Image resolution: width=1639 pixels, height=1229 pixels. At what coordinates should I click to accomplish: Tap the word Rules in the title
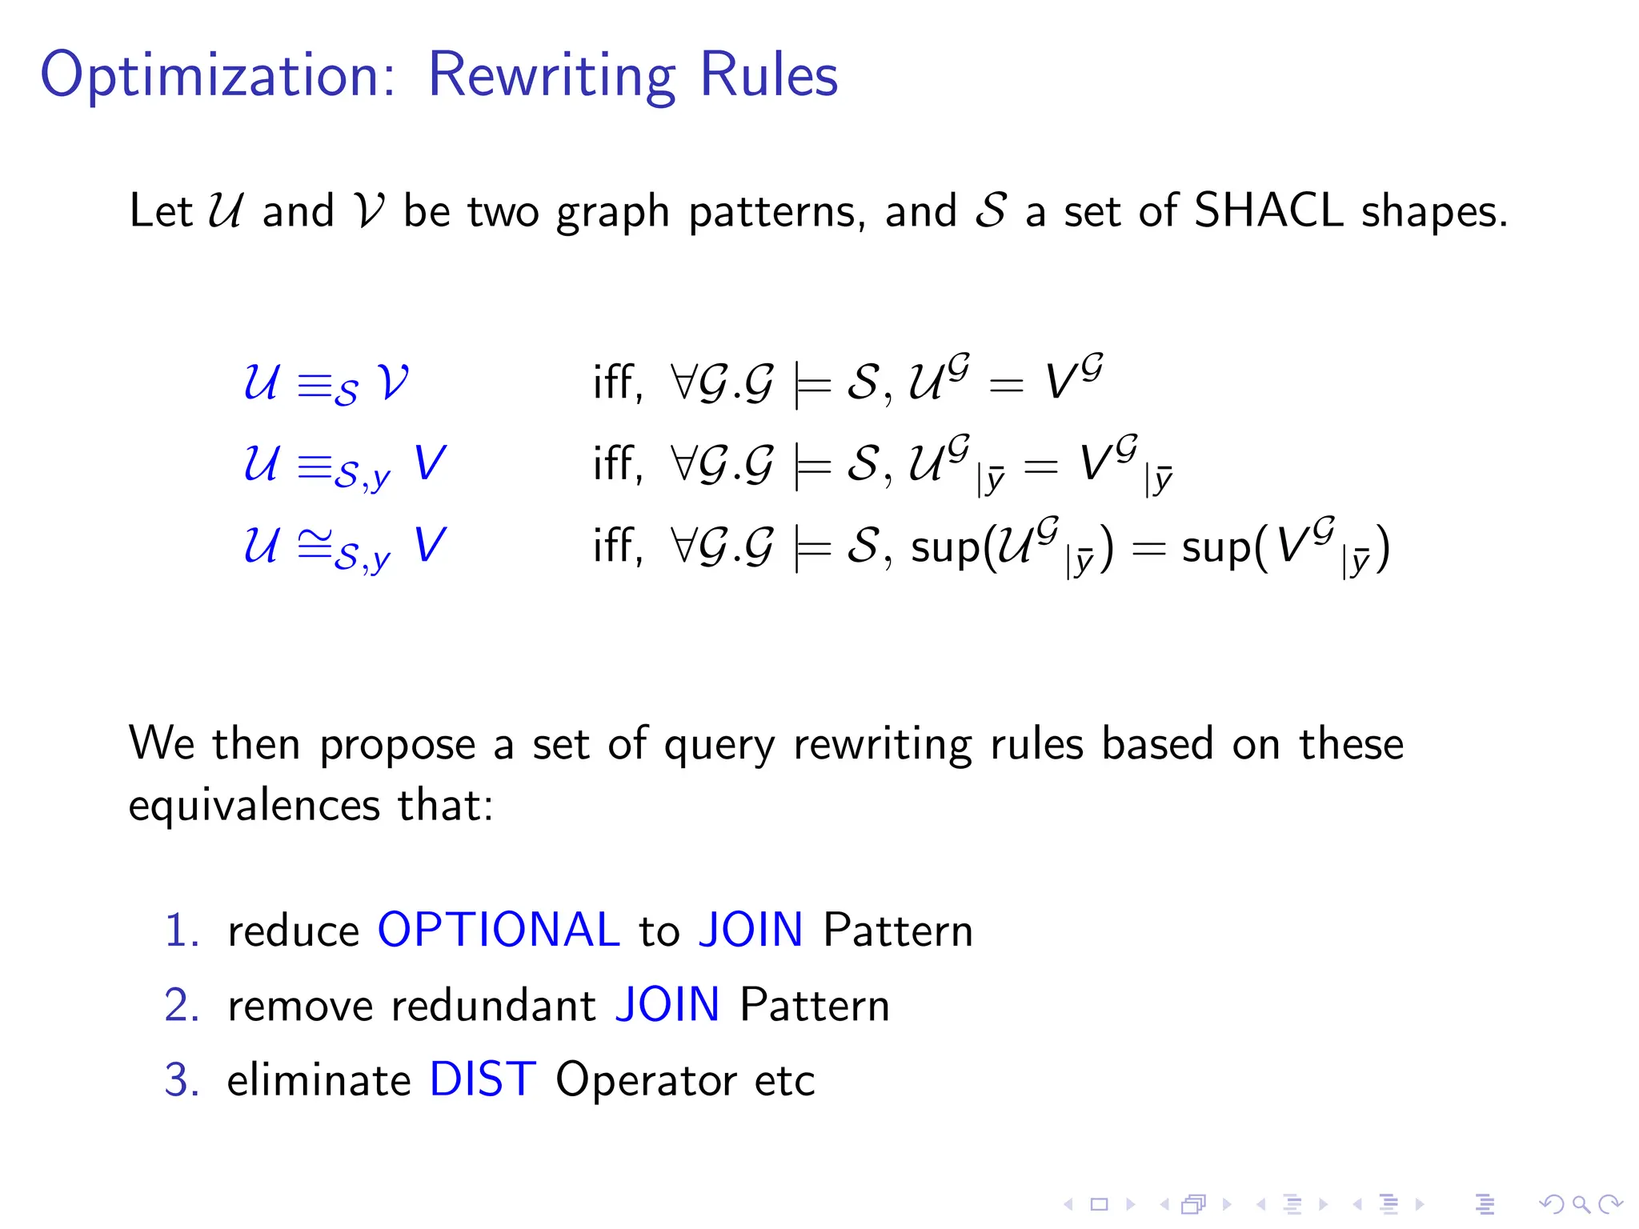point(768,76)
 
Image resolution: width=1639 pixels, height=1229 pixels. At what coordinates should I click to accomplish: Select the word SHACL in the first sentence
point(1268,211)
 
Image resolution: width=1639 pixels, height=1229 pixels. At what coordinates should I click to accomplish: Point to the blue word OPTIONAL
point(499,930)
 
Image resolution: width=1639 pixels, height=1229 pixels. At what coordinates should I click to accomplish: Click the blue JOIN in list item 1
point(750,930)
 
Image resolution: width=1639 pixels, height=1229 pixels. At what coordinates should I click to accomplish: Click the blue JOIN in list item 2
point(667,1005)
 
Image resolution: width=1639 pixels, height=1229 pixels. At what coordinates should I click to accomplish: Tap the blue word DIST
point(483,1079)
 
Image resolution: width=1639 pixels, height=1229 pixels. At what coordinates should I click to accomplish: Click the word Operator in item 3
point(645,1081)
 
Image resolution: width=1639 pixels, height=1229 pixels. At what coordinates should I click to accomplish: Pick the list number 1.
point(181,931)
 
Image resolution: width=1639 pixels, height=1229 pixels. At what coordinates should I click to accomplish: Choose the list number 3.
point(181,1080)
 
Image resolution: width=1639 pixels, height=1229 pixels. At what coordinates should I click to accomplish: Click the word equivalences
point(254,806)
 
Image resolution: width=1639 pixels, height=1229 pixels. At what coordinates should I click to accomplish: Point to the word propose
point(398,745)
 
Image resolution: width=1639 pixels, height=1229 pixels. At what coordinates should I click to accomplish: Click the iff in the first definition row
point(618,382)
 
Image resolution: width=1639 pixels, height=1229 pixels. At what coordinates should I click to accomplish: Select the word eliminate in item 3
point(319,1080)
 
